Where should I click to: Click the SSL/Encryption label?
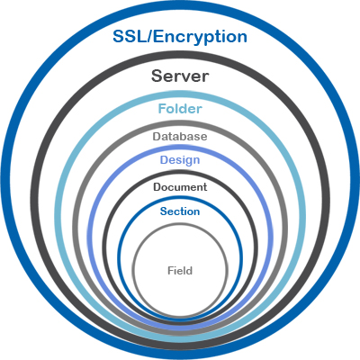click(x=180, y=37)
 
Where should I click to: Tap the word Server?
click(x=180, y=76)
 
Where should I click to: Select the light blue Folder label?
click(x=180, y=108)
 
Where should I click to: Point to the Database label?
click(x=180, y=137)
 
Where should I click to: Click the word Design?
click(x=180, y=160)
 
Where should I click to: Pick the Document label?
click(x=180, y=187)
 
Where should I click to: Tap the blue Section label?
click(x=180, y=211)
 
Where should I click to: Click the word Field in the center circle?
click(x=180, y=271)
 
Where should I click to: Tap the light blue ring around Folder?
click(x=180, y=94)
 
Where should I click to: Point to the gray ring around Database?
click(x=180, y=123)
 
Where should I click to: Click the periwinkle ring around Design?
click(x=180, y=147)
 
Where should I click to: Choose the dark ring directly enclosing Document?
click(x=180, y=172)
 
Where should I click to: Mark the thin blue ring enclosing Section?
click(x=180, y=198)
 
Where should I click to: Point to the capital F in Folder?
click(x=162, y=108)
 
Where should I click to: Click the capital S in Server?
click(x=157, y=76)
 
